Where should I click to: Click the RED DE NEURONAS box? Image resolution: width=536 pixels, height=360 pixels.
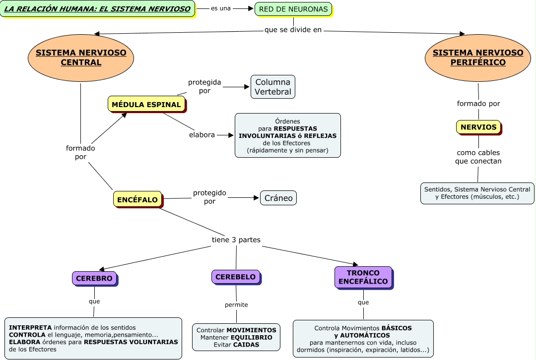[293, 9]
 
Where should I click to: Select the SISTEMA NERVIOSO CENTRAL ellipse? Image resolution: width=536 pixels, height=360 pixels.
[81, 58]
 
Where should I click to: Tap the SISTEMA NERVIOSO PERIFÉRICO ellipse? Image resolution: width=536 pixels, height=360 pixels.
[478, 58]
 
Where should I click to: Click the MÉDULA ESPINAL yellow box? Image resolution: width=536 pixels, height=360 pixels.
[146, 104]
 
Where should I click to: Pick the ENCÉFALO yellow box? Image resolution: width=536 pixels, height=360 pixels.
[137, 200]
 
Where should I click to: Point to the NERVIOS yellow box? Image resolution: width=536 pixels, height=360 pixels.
[478, 127]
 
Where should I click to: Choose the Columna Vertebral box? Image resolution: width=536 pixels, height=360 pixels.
[273, 87]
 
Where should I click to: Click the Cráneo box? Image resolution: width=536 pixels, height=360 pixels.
[278, 198]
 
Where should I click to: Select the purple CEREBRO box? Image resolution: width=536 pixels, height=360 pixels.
[94, 278]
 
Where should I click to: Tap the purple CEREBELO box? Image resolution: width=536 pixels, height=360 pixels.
[236, 277]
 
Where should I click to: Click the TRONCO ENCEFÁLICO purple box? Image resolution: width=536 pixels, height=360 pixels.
[363, 277]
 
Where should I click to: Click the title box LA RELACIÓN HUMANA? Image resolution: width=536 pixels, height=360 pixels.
[97, 9]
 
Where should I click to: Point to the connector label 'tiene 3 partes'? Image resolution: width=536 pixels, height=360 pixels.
[236, 240]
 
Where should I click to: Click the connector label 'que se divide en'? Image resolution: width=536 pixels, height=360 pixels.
[293, 30]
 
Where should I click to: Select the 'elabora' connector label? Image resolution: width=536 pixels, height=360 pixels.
[202, 134]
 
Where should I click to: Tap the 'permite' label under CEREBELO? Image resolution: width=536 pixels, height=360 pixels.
[236, 304]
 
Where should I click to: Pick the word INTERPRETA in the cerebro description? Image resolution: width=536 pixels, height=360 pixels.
[30, 327]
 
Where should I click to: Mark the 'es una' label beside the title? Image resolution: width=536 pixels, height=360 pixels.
[221, 8]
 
